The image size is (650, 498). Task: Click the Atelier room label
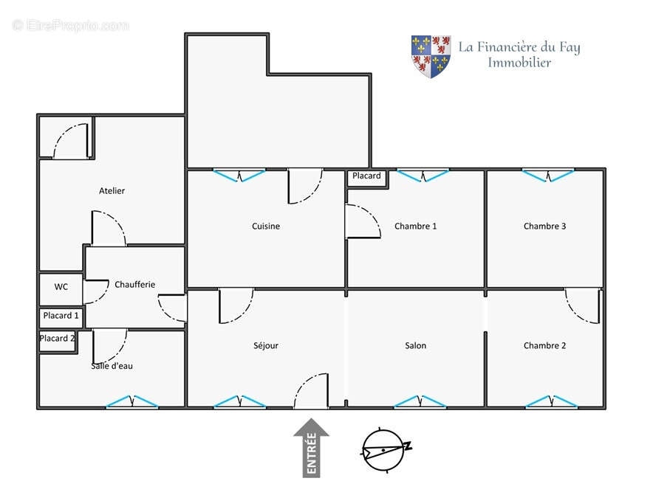[x=112, y=191]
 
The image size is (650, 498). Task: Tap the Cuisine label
[x=266, y=226]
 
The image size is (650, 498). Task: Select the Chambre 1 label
[x=415, y=226]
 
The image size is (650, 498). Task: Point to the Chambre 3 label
[x=544, y=226]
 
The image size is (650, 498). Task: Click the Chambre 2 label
[x=544, y=346]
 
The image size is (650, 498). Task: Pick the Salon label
[x=415, y=346]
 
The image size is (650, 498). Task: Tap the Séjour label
[x=266, y=346]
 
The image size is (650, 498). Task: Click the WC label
[x=61, y=287]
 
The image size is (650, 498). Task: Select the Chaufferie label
[x=134, y=284]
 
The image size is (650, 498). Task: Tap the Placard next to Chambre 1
[x=367, y=179]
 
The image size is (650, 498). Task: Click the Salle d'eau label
[x=112, y=366]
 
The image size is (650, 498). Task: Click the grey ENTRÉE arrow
[x=311, y=448]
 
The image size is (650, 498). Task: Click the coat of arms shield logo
[x=431, y=57]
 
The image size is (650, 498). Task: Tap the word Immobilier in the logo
[x=519, y=63]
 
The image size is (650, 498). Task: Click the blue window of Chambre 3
[x=548, y=175]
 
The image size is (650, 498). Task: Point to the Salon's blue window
[x=420, y=402]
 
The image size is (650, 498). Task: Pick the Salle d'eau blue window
[x=131, y=402]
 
